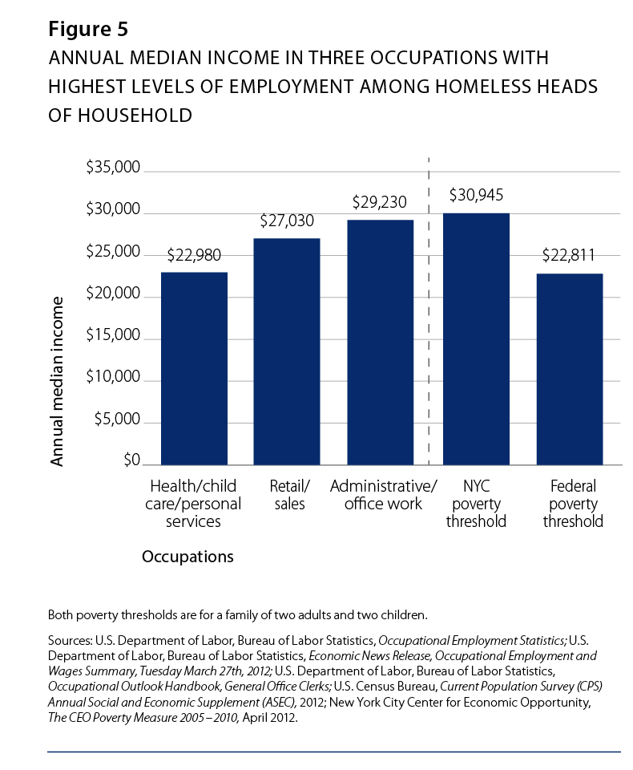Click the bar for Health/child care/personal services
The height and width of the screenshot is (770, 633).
(x=194, y=368)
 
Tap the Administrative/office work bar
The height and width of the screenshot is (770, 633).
(x=381, y=342)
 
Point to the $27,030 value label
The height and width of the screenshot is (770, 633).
(x=287, y=221)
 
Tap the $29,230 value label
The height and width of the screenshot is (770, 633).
(x=381, y=203)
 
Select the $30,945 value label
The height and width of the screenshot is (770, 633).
(x=476, y=195)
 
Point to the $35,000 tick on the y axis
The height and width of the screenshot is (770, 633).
(x=113, y=168)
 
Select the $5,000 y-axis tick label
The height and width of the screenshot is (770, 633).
(x=119, y=419)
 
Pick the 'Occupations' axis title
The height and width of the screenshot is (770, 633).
(x=187, y=556)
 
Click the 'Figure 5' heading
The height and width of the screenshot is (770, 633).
(x=88, y=30)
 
